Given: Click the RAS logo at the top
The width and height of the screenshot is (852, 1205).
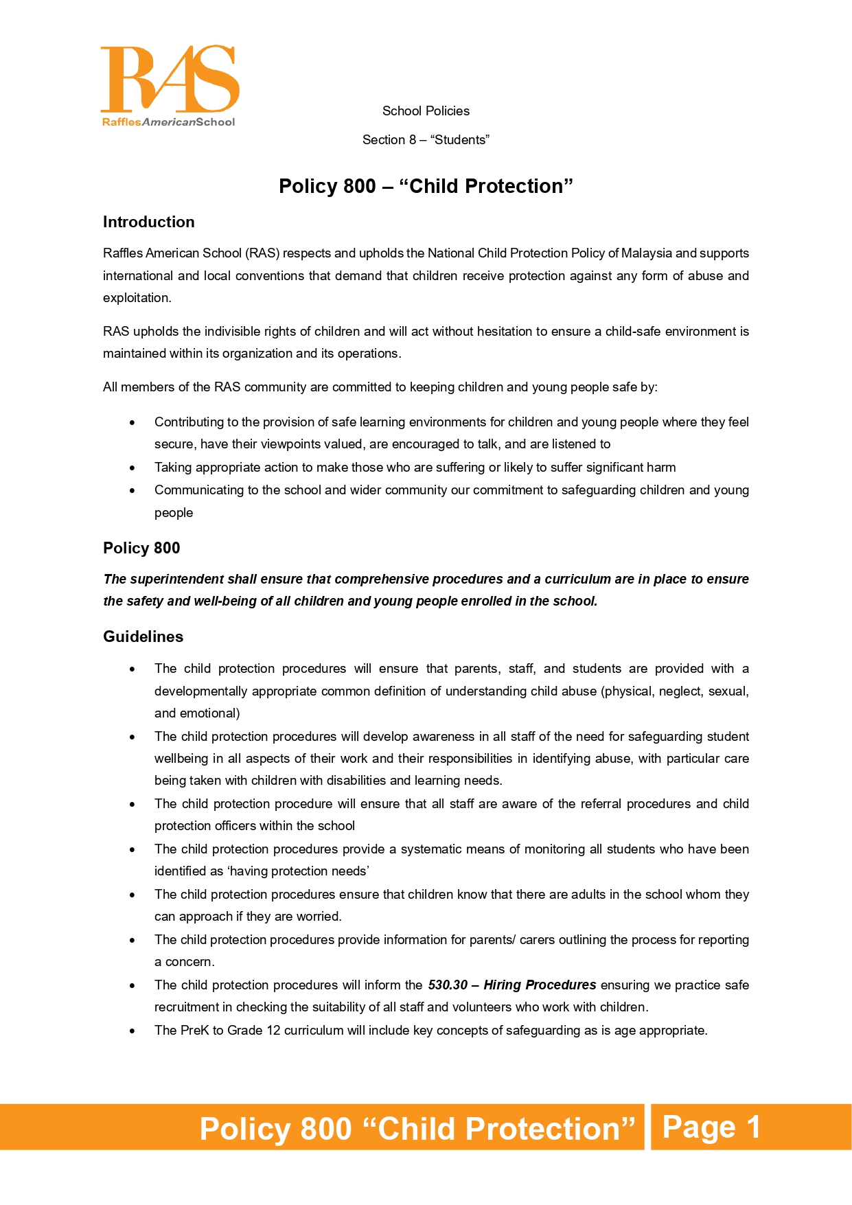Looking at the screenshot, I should click(170, 85).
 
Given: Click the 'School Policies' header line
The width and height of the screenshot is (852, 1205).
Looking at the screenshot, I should click(426, 111).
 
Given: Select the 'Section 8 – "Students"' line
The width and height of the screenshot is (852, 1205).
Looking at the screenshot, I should click(426, 140).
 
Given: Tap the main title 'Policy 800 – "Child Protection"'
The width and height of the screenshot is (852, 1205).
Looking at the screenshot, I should click(426, 186).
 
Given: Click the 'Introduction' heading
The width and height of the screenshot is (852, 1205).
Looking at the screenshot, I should click(148, 222).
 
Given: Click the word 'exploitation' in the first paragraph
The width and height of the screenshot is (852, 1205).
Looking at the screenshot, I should click(136, 298).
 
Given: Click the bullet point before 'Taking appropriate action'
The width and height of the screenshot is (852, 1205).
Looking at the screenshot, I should click(133, 468).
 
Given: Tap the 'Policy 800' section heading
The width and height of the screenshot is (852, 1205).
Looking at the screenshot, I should click(141, 549).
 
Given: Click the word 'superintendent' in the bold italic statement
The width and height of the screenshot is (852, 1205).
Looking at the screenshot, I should click(177, 579).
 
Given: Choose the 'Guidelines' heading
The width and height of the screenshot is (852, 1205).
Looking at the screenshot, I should click(143, 637).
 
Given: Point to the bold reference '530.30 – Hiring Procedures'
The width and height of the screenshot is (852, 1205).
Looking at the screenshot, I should click(511, 985).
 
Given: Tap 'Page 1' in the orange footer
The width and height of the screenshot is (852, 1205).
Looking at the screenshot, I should click(711, 1127).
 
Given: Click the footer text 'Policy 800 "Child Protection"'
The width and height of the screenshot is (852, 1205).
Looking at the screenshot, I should click(417, 1129).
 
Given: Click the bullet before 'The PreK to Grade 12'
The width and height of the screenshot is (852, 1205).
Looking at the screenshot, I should click(133, 1031).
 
